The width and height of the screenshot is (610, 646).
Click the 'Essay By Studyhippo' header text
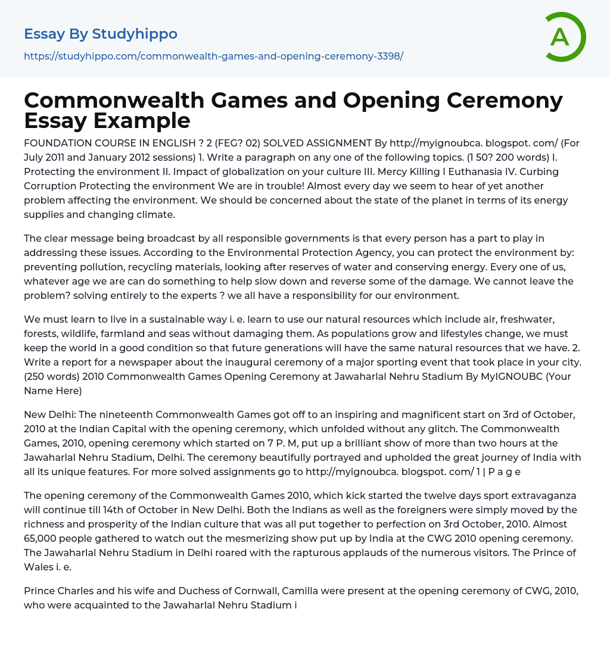point(101,34)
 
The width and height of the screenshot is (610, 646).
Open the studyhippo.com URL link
point(213,56)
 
